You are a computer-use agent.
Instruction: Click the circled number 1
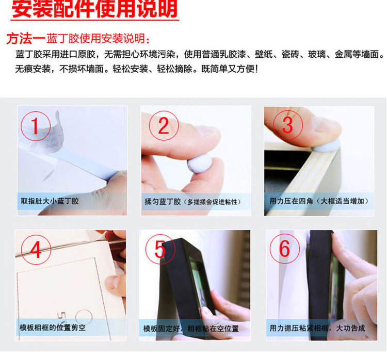tap(36, 126)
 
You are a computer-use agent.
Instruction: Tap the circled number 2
tap(164, 126)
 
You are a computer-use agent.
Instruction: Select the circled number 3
tap(287, 125)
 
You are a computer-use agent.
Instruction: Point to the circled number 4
tap(36, 250)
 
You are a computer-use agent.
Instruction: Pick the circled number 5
tap(160, 249)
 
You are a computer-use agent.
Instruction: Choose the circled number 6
tap(284, 249)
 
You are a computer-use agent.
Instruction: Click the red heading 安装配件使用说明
tap(94, 9)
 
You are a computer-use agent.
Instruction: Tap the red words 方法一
tap(26, 39)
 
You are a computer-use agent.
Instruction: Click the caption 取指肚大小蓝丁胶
tap(50, 201)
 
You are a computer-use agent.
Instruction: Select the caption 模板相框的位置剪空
tap(53, 328)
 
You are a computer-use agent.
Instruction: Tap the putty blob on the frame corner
tap(326, 146)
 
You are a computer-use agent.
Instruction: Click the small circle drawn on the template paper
tap(84, 317)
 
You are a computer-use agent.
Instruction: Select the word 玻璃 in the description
tap(317, 55)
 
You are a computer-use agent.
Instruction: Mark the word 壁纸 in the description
tap(263, 55)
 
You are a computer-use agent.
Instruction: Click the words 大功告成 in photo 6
tap(350, 328)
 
